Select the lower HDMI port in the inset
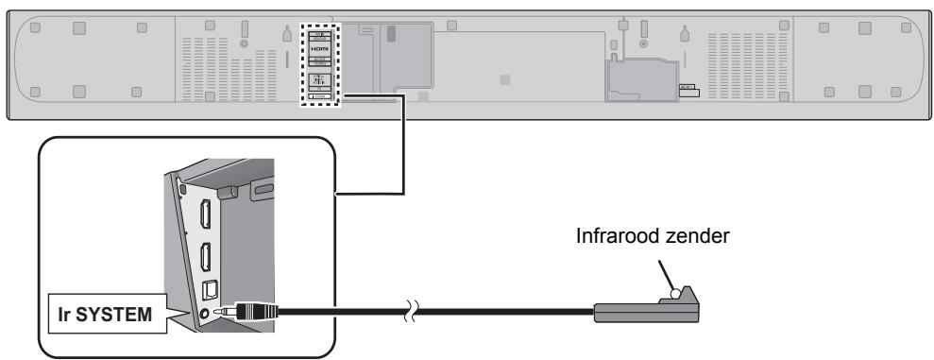click(x=205, y=256)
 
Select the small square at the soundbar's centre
click(x=505, y=79)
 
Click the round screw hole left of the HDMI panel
click(x=244, y=43)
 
